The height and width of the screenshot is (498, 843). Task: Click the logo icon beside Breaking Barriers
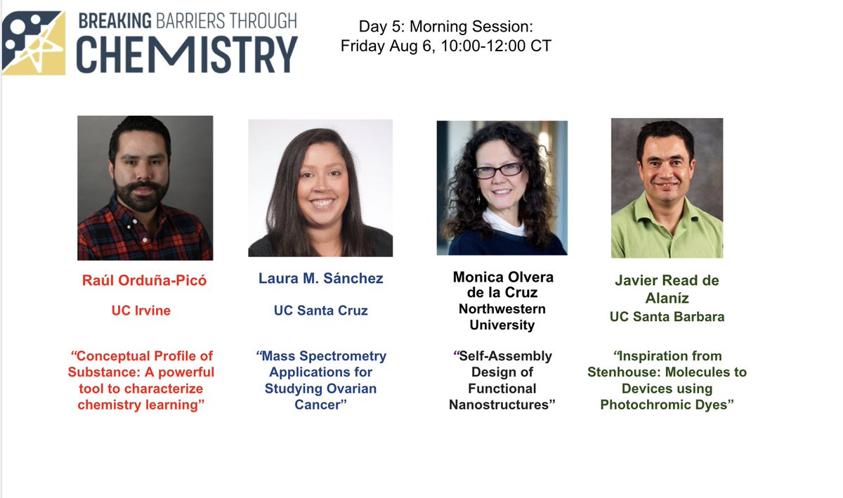coord(34,42)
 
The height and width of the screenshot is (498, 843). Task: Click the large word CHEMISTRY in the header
coord(186,55)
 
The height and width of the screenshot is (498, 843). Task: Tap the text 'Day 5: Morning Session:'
coord(446,27)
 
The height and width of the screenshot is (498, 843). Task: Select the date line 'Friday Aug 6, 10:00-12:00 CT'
coord(446,46)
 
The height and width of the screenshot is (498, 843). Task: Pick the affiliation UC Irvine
coord(140,310)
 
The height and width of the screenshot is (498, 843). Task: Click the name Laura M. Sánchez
coord(320,279)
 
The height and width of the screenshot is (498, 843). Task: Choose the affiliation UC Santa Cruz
coord(320,310)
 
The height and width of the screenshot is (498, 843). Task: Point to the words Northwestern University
coord(502,317)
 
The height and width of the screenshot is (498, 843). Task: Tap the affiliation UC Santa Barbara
coord(667,317)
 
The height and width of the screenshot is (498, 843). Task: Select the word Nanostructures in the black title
coord(502,405)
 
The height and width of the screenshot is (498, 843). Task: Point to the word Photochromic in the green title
coord(653,405)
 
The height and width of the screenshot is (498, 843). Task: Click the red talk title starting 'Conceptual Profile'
coord(142,380)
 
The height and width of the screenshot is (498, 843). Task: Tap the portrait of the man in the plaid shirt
coord(145,188)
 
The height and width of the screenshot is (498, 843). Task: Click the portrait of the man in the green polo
coord(667,188)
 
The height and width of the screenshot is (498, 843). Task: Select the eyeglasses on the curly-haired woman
coord(499,170)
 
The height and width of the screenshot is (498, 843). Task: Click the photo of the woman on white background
coord(320,188)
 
